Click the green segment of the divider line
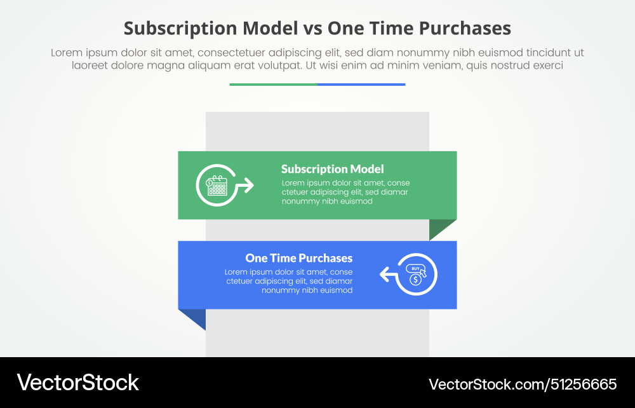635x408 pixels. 273,84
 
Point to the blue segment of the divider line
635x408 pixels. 361,84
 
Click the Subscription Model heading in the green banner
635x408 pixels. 332,169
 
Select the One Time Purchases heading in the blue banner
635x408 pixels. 298,258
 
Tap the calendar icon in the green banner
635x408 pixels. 217,186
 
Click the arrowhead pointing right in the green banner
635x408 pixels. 248,186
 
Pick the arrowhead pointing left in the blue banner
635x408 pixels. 385,275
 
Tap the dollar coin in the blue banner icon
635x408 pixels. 415,280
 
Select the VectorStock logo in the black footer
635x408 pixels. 77,383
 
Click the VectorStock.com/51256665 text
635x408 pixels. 523,384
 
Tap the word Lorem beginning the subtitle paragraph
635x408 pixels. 65,53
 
